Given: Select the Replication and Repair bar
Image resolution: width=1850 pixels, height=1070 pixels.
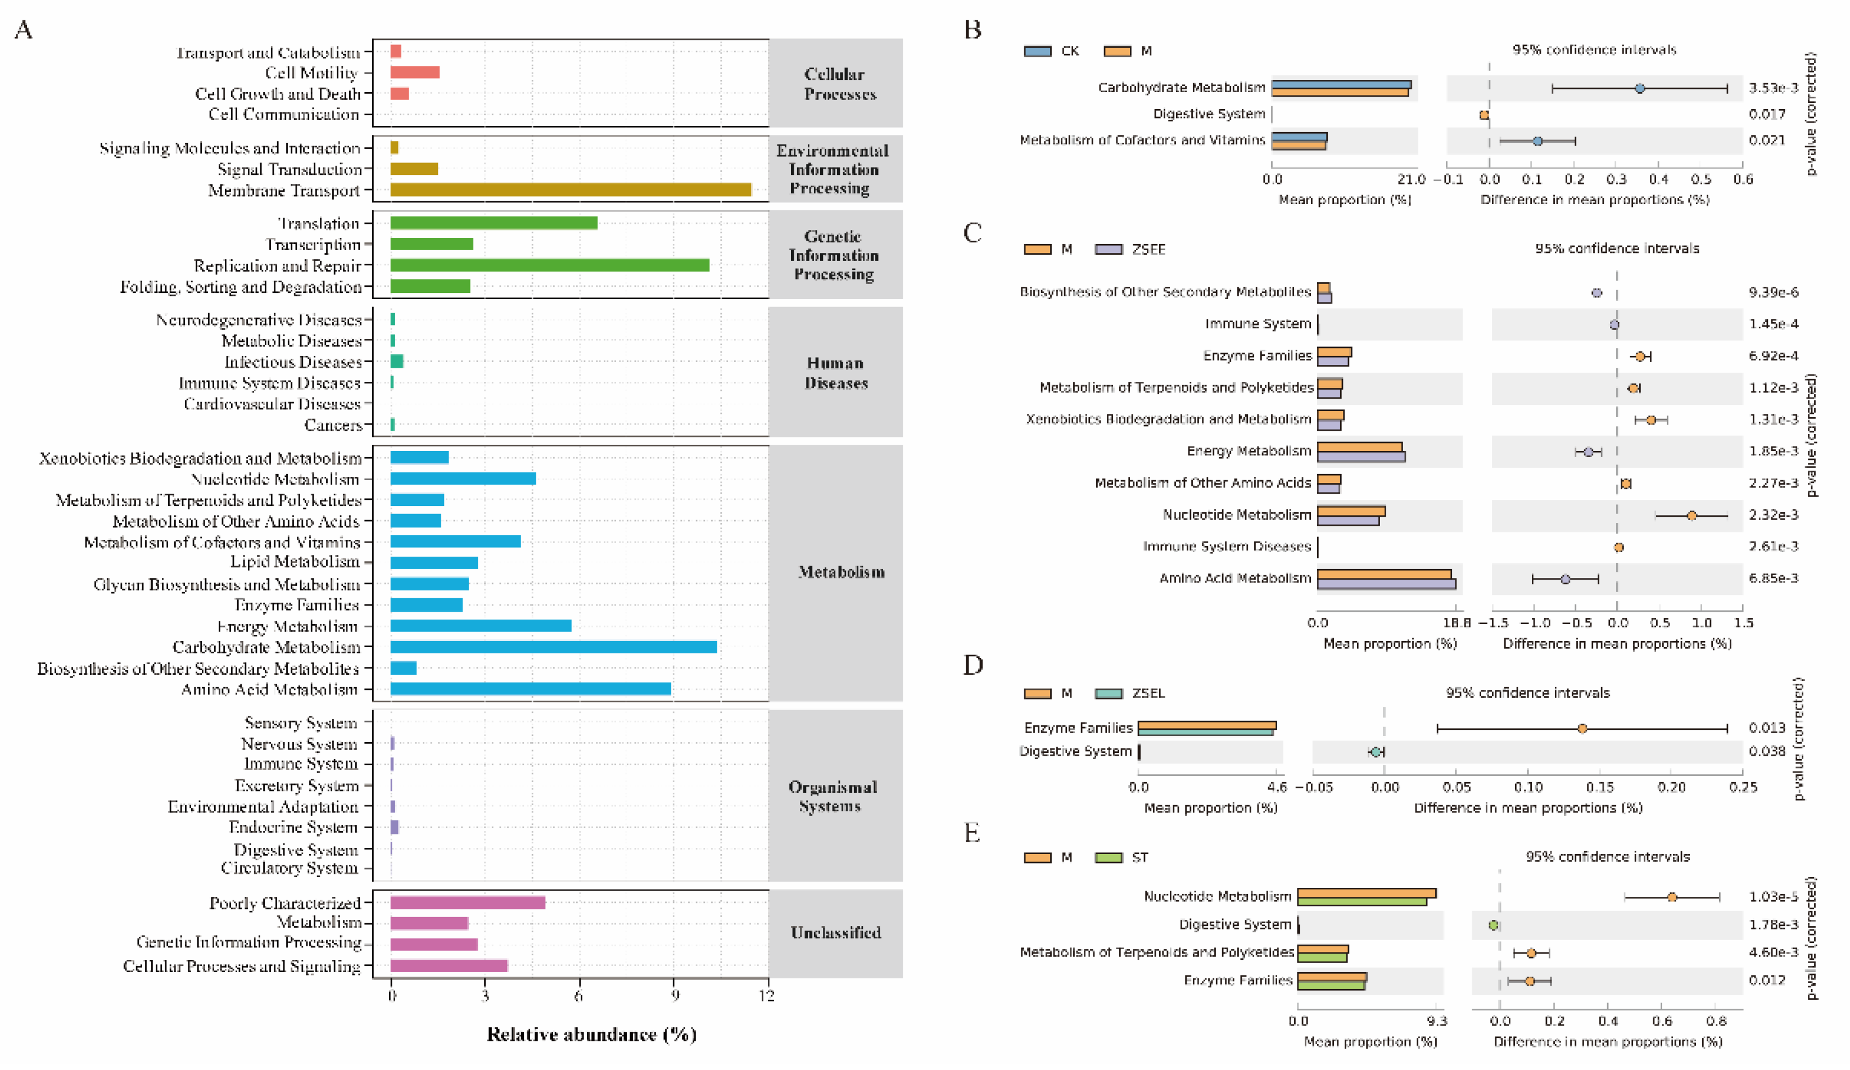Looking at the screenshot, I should [x=549, y=265].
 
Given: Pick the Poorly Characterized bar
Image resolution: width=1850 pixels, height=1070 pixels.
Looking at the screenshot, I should [x=467, y=902].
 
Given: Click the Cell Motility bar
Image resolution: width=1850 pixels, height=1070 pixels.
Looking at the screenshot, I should [x=414, y=72].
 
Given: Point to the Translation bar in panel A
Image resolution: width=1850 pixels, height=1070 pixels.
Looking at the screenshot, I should [x=494, y=223].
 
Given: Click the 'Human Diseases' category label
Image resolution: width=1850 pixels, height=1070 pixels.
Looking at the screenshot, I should [x=835, y=372].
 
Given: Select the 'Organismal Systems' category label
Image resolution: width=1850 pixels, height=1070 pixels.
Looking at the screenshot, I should [x=832, y=796].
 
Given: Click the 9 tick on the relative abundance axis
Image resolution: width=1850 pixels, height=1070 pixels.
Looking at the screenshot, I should [x=674, y=996].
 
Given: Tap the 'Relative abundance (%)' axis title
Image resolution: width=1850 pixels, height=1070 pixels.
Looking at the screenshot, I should [x=591, y=1035].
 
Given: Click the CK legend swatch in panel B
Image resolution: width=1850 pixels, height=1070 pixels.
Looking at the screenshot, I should [x=1037, y=51].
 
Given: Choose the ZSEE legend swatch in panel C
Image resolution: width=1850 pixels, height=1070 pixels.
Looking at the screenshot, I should [x=1109, y=250].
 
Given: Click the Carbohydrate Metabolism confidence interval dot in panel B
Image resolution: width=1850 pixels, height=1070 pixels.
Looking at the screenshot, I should [x=1639, y=89].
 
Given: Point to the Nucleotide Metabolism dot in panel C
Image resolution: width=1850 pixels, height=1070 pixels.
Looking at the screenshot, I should [x=1691, y=516].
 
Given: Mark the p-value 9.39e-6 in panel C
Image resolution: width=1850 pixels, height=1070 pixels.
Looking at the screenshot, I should [x=1773, y=292].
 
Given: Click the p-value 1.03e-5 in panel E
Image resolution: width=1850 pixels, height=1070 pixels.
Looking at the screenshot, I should [x=1773, y=897].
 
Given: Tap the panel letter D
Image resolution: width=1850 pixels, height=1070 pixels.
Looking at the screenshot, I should [x=973, y=665].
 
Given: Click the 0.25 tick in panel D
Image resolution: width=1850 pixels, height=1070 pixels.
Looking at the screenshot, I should [x=1743, y=787].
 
